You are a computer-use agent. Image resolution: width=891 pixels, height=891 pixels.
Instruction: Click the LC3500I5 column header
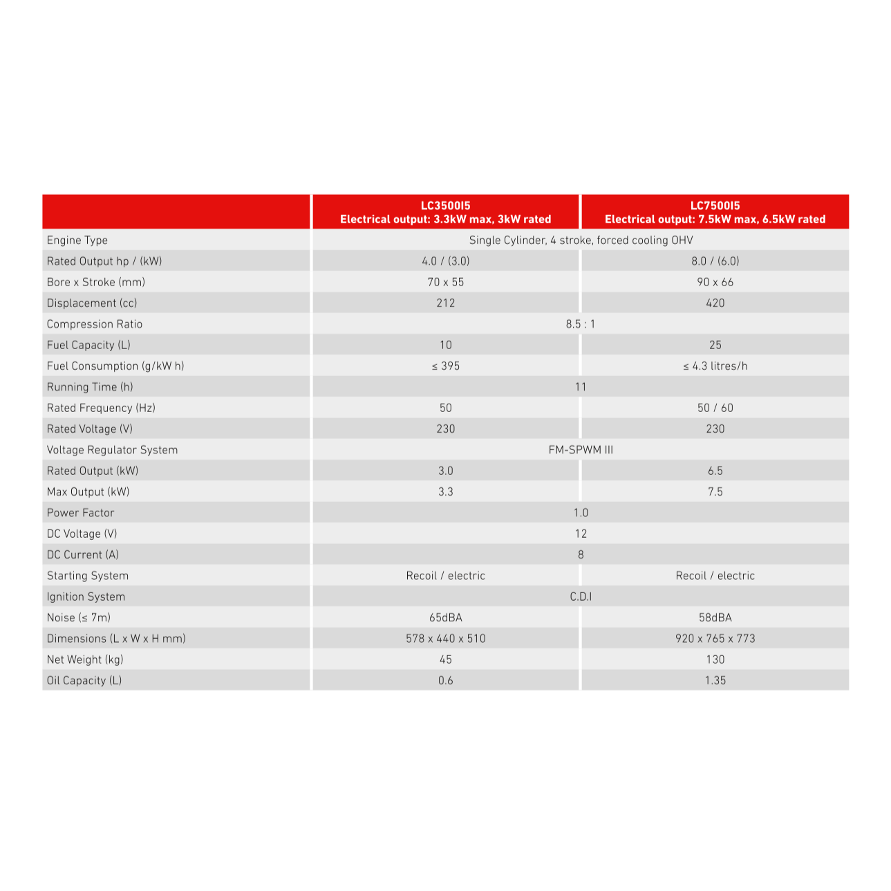click(x=445, y=212)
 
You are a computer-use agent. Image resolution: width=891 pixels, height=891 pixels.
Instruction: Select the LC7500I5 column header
click(x=715, y=212)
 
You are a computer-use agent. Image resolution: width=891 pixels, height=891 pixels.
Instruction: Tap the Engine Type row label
click(x=77, y=240)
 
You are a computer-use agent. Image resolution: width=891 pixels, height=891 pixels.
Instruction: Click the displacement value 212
click(x=446, y=303)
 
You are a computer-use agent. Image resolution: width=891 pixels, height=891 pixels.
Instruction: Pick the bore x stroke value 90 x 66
click(x=715, y=282)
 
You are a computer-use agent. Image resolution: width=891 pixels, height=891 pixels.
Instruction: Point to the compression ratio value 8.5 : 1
click(x=580, y=324)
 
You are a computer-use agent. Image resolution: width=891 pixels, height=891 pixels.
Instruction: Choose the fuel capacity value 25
click(x=715, y=345)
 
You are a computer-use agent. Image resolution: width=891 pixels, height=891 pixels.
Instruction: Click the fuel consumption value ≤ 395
click(x=446, y=366)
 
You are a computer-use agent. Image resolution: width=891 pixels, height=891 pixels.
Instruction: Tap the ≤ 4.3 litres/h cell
click(x=715, y=366)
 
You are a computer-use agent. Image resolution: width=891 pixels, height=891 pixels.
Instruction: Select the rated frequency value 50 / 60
click(x=715, y=408)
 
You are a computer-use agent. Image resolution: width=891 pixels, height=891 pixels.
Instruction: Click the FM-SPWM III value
click(x=580, y=450)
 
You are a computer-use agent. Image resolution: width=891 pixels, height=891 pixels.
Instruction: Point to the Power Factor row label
click(x=80, y=513)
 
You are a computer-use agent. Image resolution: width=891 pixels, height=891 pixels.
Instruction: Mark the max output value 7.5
click(x=715, y=491)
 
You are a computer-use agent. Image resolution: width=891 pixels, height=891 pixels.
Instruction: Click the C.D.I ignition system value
click(x=580, y=597)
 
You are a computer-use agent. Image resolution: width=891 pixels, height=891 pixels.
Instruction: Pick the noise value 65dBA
click(x=446, y=617)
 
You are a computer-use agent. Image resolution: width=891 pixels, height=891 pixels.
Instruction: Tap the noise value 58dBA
click(x=715, y=617)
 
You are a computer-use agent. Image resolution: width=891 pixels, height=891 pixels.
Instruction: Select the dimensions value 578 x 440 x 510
click(x=446, y=639)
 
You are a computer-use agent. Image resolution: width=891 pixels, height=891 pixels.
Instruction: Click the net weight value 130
click(x=715, y=659)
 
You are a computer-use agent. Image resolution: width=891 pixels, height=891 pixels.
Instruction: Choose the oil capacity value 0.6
click(x=446, y=680)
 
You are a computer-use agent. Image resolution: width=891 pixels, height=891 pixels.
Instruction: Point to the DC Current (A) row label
click(x=83, y=554)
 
